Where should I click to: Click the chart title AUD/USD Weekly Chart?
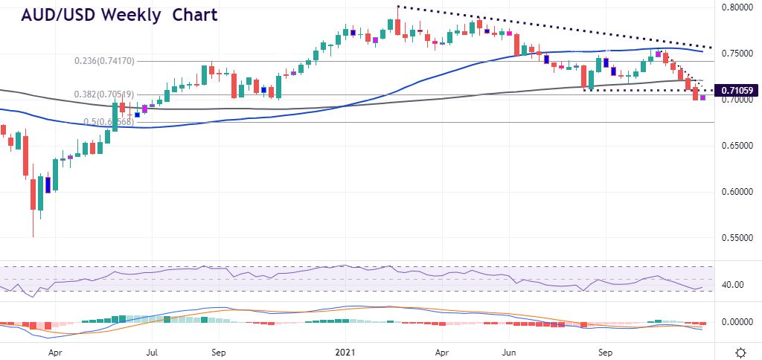[118, 15]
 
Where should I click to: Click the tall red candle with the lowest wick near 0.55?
[33, 193]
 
